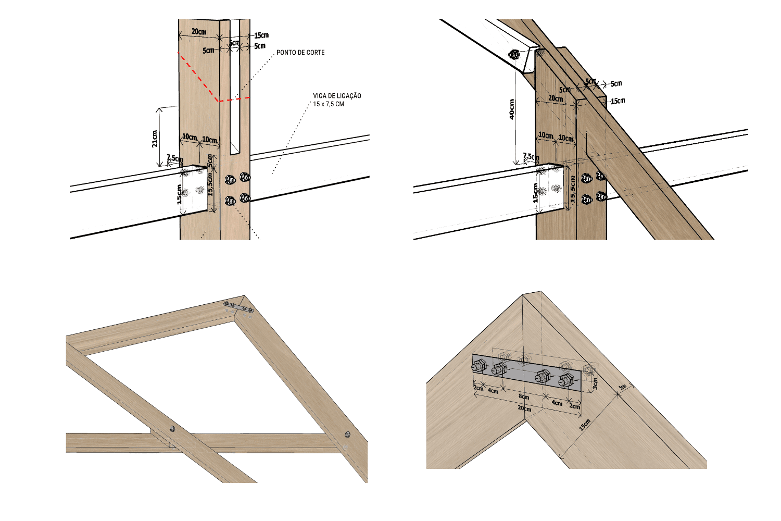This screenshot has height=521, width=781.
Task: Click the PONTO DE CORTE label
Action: point(300,53)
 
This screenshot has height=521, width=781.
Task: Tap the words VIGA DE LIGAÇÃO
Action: point(337,96)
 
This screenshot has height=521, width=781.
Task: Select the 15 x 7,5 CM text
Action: point(329,104)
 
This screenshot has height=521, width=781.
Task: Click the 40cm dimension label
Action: point(512,109)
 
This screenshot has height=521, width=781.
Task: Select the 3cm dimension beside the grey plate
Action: point(595,383)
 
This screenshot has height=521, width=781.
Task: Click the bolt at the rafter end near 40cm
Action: point(514,54)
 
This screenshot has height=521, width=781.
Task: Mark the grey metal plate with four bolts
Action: point(526,372)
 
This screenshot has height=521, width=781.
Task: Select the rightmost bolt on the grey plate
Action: point(566,381)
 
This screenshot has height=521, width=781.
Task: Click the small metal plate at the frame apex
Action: point(238,307)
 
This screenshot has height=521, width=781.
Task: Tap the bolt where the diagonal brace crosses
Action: point(172,429)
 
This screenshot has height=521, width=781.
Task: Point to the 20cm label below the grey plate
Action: point(524,409)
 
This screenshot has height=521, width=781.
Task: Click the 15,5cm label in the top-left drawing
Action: point(210,184)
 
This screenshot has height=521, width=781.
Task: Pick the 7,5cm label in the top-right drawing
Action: point(531,157)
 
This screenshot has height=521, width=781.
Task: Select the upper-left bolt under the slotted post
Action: point(230,180)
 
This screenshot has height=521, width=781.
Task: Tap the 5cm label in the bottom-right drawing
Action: point(622,387)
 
